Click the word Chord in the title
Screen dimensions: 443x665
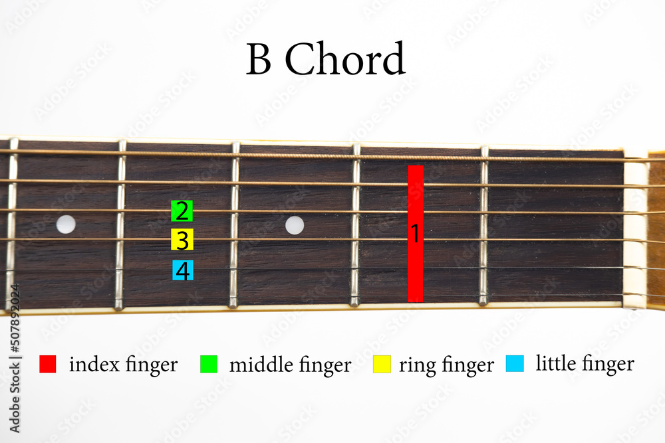345,60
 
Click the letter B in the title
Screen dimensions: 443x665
259,60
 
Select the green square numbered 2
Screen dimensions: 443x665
182,211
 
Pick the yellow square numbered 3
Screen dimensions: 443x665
182,240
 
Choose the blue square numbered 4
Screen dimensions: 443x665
182,270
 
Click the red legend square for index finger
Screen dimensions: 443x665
48,364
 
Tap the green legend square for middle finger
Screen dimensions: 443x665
209,364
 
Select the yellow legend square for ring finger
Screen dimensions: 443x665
382,364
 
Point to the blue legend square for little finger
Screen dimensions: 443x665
515,363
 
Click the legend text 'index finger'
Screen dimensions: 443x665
123,365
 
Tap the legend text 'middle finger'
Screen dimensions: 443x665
290,365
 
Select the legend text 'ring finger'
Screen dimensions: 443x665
446,365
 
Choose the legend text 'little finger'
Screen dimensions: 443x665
585,364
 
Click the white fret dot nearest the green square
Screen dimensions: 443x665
66,224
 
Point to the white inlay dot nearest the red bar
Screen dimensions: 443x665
295,225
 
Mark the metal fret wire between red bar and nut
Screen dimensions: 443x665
484,226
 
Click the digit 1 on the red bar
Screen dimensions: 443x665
415,233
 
